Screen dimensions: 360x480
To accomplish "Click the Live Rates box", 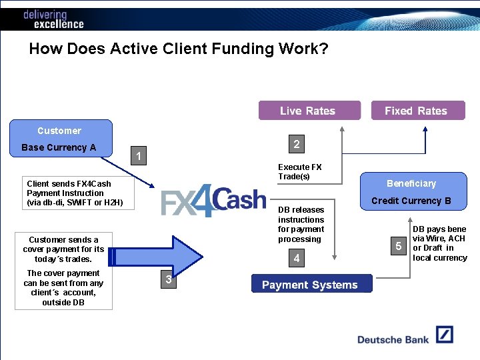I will [x=309, y=111].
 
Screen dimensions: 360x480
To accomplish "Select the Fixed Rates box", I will [x=417, y=111].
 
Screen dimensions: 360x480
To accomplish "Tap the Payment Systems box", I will [x=311, y=285].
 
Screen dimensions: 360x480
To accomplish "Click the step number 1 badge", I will [x=138, y=157].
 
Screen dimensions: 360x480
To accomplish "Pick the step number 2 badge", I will [x=296, y=144].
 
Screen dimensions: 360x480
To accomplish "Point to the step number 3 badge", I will [x=168, y=279].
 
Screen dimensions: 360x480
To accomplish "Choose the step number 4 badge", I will [x=296, y=258].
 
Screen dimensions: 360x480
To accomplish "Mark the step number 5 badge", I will [x=399, y=247].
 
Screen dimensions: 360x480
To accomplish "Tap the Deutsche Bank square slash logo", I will [x=445, y=335].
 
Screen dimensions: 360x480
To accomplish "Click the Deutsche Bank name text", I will [x=393, y=339].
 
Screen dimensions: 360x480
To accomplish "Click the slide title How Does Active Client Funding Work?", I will [x=179, y=49].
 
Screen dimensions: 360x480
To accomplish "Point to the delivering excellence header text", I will [x=53, y=19].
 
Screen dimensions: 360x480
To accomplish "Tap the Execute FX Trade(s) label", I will [x=299, y=171].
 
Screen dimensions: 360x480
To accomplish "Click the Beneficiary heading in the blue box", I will [x=411, y=183].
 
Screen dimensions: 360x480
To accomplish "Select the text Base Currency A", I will [x=59, y=147].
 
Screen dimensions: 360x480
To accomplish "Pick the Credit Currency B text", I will [x=411, y=201].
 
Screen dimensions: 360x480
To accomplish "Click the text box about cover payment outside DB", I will [x=64, y=287].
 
